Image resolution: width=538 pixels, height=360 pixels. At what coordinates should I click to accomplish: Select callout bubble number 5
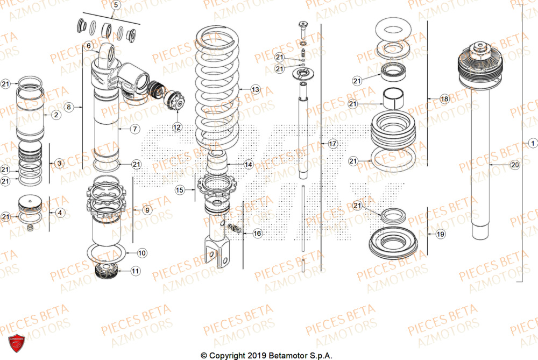(x=115, y=6)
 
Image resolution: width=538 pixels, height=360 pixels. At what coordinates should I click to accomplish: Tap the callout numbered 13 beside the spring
(x=255, y=89)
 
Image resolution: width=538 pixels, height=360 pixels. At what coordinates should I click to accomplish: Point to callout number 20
(x=514, y=165)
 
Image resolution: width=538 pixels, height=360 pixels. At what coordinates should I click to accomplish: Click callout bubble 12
(x=177, y=127)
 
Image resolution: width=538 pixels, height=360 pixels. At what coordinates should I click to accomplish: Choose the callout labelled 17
(x=332, y=144)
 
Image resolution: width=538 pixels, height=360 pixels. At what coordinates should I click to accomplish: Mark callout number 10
(x=141, y=252)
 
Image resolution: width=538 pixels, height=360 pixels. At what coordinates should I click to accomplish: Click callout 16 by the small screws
(x=257, y=233)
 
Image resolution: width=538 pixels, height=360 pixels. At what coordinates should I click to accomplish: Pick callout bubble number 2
(x=56, y=115)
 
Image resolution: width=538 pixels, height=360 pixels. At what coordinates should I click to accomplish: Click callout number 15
(x=180, y=189)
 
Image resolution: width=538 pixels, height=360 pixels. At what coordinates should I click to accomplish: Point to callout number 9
(x=147, y=210)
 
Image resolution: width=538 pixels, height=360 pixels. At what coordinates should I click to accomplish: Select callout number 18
(x=444, y=99)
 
